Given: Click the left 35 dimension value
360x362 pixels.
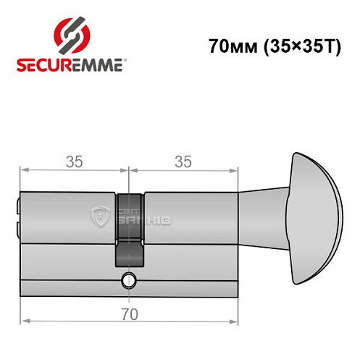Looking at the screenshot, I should [x=73, y=162].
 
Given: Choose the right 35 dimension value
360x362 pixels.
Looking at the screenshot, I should [x=183, y=162].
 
